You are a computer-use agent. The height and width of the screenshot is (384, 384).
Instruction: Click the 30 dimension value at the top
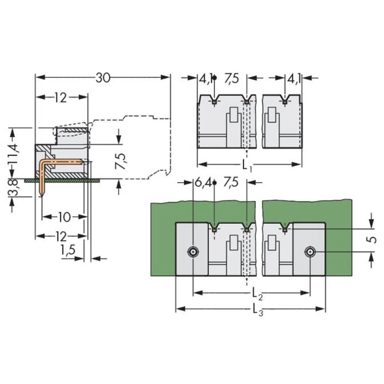(x=103, y=78)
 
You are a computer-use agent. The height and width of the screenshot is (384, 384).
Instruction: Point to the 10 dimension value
(x=64, y=217)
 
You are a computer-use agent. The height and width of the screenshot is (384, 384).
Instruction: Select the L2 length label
(x=257, y=294)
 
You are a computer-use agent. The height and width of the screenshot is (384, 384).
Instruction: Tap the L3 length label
(x=258, y=310)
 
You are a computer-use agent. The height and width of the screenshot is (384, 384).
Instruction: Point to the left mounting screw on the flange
(x=193, y=252)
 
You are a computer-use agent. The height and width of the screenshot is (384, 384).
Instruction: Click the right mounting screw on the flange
(x=310, y=252)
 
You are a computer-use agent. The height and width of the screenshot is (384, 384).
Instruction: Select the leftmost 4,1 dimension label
(x=205, y=79)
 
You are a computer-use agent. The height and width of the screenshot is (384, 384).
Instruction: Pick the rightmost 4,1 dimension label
(x=294, y=79)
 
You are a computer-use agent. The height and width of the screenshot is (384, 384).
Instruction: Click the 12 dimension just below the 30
(x=60, y=98)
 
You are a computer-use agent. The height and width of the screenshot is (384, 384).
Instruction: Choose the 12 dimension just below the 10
(x=60, y=235)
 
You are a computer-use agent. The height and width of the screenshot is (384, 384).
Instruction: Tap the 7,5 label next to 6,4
(x=230, y=183)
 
